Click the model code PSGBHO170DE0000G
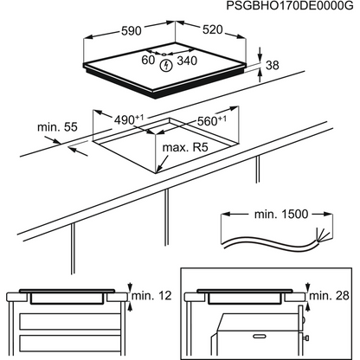coord(290,5)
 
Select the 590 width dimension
coord(132,31)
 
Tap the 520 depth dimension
coord(213,29)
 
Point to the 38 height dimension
coord(273,65)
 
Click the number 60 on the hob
coord(148,60)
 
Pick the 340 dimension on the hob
coord(187,61)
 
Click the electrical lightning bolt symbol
coord(166,66)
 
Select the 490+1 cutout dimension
coord(129,119)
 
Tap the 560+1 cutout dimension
coord(211,121)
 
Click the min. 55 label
coord(57,127)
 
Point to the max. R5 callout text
coord(185,147)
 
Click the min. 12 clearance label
coord(151,296)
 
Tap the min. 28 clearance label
coord(329,296)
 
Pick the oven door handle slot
coord(260,336)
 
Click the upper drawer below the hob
coord(70,321)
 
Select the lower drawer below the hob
coord(70,344)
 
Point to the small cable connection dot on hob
coord(164,54)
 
